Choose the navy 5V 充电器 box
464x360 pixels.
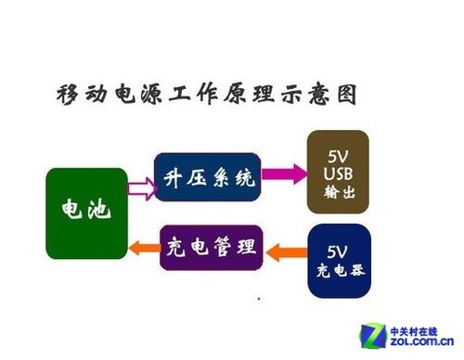click(338, 261)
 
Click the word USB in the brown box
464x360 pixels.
click(338, 174)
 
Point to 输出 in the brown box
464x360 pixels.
click(338, 193)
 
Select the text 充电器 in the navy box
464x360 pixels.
click(338, 272)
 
